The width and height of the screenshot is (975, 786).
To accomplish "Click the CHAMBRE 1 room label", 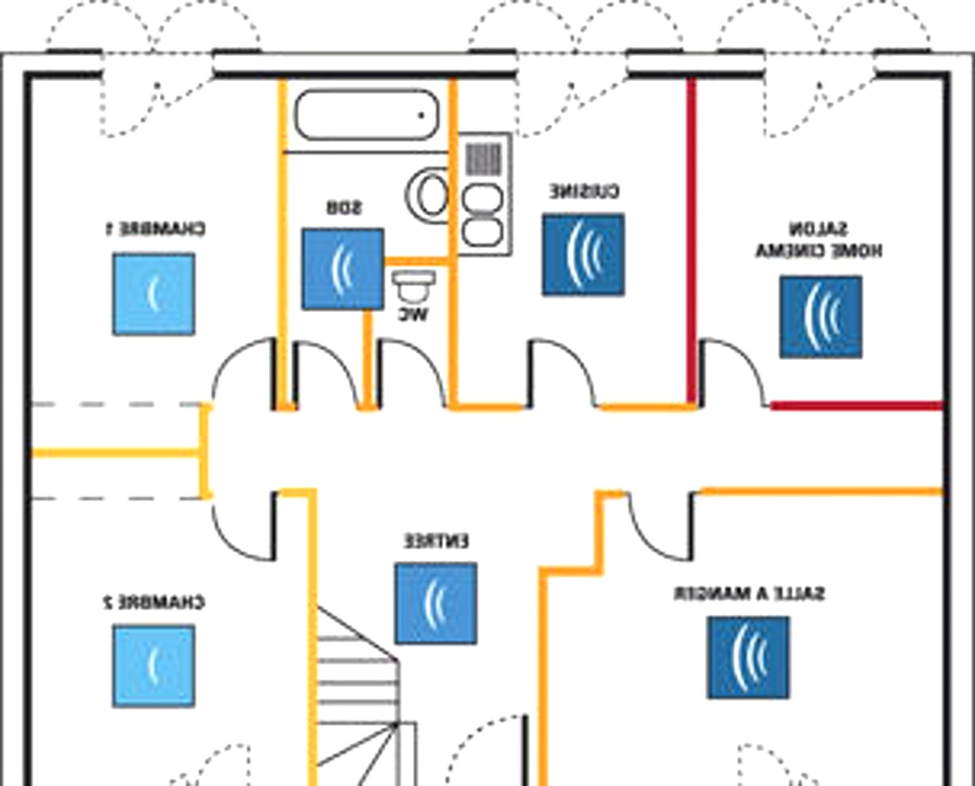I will [x=155, y=229].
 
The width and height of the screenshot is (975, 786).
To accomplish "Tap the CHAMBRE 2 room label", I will [x=154, y=602].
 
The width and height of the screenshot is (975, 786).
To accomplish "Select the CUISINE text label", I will [x=584, y=191].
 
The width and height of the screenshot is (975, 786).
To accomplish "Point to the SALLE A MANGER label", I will [x=749, y=594].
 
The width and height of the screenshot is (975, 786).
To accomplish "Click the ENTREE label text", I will [x=437, y=541].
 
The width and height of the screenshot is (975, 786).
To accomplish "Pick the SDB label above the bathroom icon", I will [x=344, y=208].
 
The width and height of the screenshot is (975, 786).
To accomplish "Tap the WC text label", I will [x=414, y=314].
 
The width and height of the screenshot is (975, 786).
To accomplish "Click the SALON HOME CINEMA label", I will [x=819, y=240].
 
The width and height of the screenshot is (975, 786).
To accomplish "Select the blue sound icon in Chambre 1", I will [x=153, y=294].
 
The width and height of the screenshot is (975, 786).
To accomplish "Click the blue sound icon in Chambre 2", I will [x=153, y=666].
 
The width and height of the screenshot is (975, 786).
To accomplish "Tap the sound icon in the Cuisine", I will [x=583, y=255].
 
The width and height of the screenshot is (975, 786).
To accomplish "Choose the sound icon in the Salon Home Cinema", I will [x=821, y=318].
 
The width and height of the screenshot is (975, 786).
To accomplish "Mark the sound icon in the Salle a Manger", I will [x=748, y=658].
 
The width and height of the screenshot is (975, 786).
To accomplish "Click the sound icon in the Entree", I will [x=436, y=603].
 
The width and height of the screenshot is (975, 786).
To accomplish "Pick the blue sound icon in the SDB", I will [x=343, y=270].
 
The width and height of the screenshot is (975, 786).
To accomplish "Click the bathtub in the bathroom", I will [x=366, y=115].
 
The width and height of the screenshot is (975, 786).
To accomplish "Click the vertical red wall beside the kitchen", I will [x=692, y=237].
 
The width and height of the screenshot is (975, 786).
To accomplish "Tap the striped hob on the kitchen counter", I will [x=483, y=158].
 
